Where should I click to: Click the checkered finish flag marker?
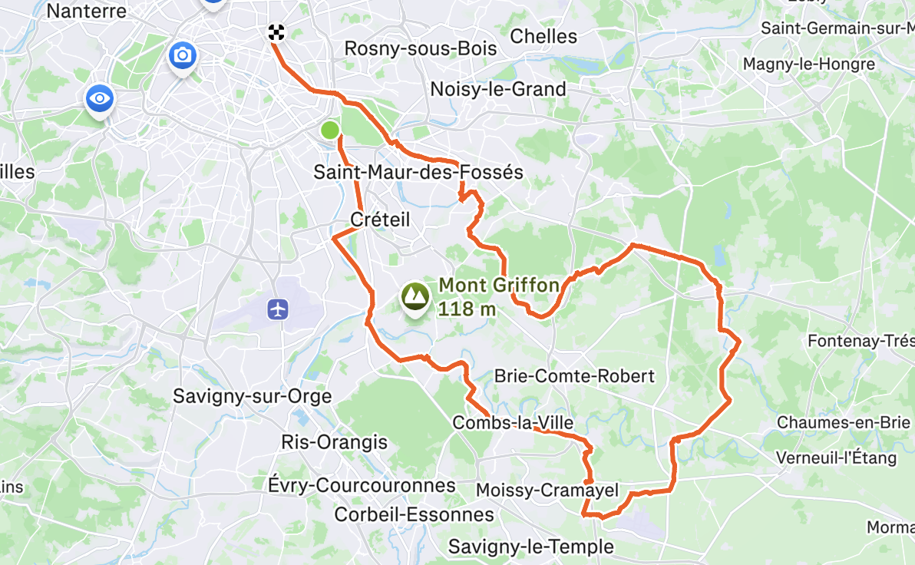(x=276, y=32)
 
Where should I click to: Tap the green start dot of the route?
(x=330, y=130)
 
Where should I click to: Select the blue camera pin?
(x=183, y=55)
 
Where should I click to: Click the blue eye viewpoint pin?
(x=100, y=98)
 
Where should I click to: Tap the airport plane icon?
(x=278, y=309)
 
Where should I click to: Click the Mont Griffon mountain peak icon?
(x=415, y=296)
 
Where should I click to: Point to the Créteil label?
(x=380, y=220)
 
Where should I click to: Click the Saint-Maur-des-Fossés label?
(x=418, y=172)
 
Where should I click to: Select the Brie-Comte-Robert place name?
(x=574, y=376)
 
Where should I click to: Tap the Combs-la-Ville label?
(x=513, y=423)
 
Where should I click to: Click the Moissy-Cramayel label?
(x=547, y=490)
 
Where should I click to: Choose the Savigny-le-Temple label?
(x=531, y=547)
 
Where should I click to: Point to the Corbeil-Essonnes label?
(x=415, y=514)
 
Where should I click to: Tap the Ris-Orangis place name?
(x=335, y=443)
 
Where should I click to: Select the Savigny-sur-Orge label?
(x=253, y=397)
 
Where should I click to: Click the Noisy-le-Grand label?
(x=498, y=89)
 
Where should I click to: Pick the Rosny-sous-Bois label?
(x=421, y=48)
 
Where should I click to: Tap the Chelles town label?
(x=543, y=36)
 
